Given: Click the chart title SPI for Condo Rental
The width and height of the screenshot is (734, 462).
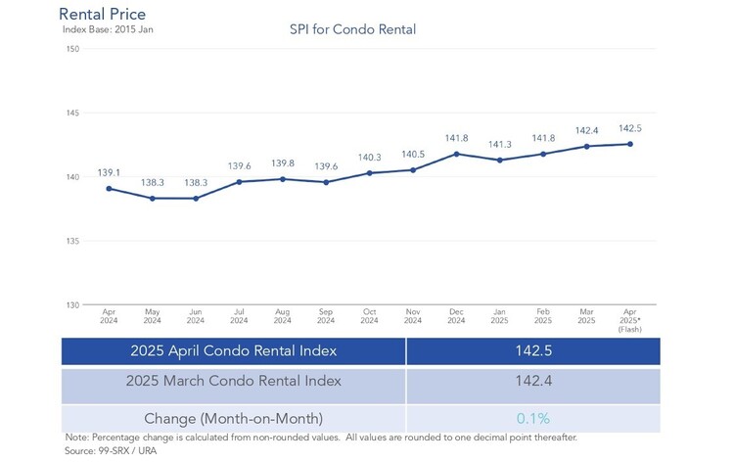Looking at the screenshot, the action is tap(352, 29).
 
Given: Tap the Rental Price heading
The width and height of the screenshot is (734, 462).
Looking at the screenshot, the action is tap(102, 14).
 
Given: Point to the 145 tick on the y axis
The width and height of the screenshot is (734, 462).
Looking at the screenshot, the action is tap(72, 113).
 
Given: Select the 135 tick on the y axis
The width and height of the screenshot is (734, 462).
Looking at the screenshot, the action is tap(72, 241).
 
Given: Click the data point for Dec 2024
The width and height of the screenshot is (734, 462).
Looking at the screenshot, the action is tap(456, 154).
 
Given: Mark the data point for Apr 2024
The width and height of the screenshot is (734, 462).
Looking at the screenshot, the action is tap(109, 189).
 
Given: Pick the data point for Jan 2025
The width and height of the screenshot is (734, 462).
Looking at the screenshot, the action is tap(500, 161).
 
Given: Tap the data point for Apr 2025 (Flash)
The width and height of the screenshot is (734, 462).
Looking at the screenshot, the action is tap(630, 144).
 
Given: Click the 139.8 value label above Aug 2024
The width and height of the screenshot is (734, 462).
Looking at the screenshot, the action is tap(283, 163).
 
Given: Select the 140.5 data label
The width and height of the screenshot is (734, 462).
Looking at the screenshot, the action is tap(413, 155).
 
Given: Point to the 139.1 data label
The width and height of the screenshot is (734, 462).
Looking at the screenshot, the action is tap(109, 172).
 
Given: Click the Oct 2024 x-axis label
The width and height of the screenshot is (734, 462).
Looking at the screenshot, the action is tap(369, 316).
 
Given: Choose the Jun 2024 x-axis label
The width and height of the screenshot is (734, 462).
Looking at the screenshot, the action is tap(196, 316).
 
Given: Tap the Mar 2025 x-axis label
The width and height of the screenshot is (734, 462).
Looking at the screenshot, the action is tap(586, 316).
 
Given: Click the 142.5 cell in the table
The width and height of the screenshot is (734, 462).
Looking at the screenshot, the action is tap(533, 350).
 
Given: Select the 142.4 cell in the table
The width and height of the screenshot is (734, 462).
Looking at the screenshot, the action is tap(533, 381).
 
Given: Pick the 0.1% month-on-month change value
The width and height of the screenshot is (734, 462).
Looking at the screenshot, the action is tap(533, 418).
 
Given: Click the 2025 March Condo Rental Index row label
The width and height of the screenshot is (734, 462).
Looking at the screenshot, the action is tap(233, 381).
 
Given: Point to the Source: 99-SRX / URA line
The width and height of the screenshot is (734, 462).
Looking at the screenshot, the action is tap(111, 451).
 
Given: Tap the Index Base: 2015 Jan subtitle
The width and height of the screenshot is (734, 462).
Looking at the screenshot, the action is tap(108, 29).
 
